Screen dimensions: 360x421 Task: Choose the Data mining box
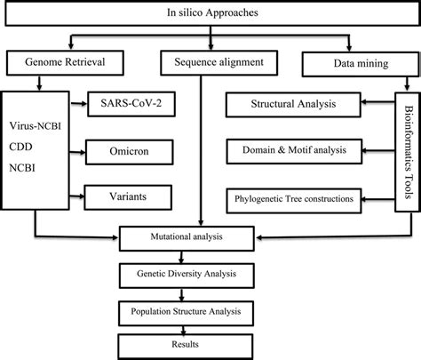coord(353,63)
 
